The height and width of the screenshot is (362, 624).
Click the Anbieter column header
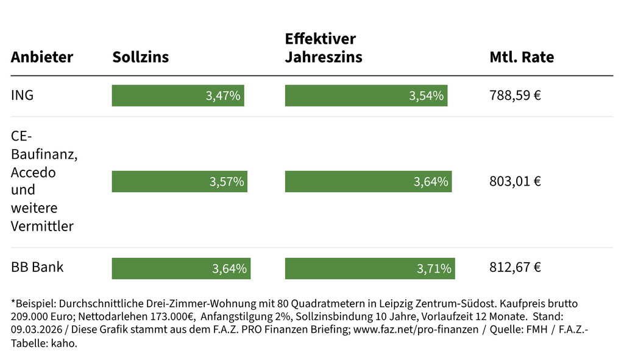42,57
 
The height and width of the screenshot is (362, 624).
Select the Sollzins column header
141,57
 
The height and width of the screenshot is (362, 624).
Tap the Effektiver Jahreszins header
324,48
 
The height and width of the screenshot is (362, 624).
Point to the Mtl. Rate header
522,57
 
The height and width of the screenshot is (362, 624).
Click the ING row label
23,96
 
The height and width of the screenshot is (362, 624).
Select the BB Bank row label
37,267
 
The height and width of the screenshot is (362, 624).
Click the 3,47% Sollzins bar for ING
178,96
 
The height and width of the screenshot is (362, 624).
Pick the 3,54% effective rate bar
366,96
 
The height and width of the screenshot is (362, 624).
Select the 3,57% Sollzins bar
180,181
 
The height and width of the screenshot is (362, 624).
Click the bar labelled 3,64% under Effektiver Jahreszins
368,181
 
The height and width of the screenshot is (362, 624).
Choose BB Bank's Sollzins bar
181,268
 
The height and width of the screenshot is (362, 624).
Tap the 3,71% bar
370,268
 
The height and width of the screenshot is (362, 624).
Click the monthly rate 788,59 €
516,96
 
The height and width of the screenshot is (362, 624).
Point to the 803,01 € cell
516,181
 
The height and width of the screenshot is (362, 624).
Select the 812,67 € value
516,267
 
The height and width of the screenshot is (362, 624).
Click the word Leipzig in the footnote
396,303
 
